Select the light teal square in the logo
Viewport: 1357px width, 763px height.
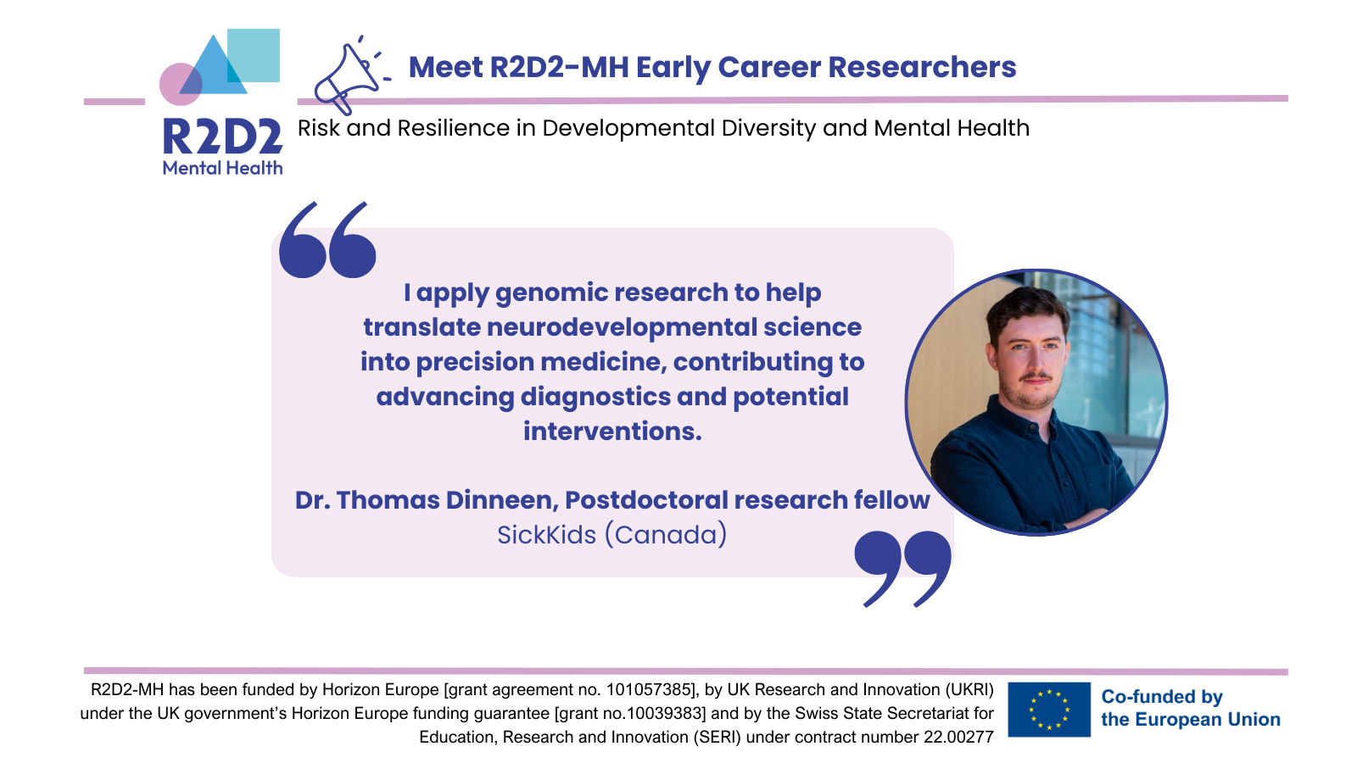click(x=254, y=55)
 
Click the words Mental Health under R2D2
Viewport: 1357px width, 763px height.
click(x=222, y=168)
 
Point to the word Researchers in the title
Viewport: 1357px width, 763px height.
click(x=922, y=67)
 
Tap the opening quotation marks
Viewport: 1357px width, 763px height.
click(x=327, y=240)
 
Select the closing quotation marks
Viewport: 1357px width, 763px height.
click(x=902, y=569)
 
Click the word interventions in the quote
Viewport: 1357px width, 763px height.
click(x=612, y=432)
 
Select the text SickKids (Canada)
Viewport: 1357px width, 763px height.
click(x=611, y=535)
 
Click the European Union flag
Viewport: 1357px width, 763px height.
click(x=1049, y=709)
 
